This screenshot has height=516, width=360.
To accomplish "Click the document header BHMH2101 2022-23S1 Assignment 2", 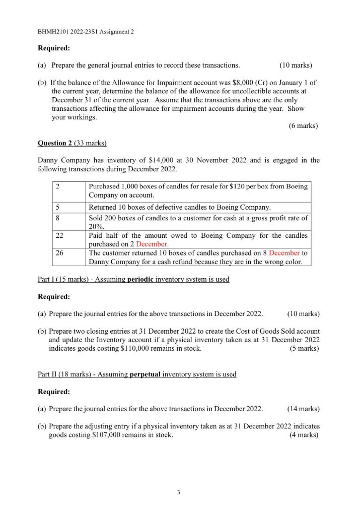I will [x=86, y=32].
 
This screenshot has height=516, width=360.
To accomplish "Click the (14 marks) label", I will [x=303, y=409].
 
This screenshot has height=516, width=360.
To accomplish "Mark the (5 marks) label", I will [x=305, y=348].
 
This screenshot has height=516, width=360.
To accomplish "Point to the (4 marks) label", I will [x=304, y=435].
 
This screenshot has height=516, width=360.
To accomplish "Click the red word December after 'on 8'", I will [x=284, y=253].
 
